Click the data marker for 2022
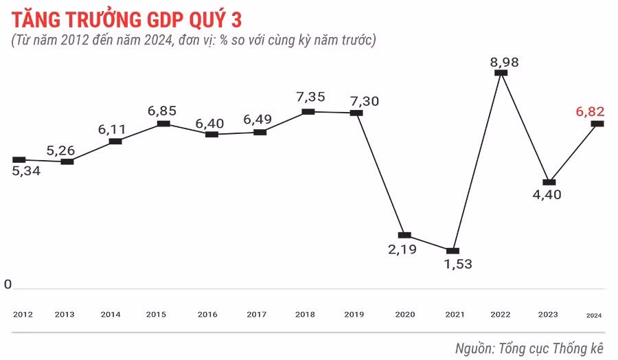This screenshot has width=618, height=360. (x=501, y=72)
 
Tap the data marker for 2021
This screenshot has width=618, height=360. (x=453, y=251)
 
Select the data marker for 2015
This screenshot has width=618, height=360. (x=163, y=124)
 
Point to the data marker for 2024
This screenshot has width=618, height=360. (x=597, y=124)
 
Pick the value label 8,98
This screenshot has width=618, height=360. (x=504, y=61)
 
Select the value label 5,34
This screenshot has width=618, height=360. (x=27, y=171)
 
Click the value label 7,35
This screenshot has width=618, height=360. (x=311, y=97)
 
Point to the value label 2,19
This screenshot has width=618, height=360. (x=403, y=249)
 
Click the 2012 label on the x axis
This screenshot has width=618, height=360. (x=23, y=315)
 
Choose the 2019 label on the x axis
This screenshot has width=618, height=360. (x=354, y=315)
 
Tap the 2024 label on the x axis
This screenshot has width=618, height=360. (x=594, y=315)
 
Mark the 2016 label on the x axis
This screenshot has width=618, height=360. (x=207, y=315)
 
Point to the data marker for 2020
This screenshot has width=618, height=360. (x=404, y=236)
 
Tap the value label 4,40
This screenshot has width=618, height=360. (x=547, y=194)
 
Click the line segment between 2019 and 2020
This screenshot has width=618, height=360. (x=380, y=174)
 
